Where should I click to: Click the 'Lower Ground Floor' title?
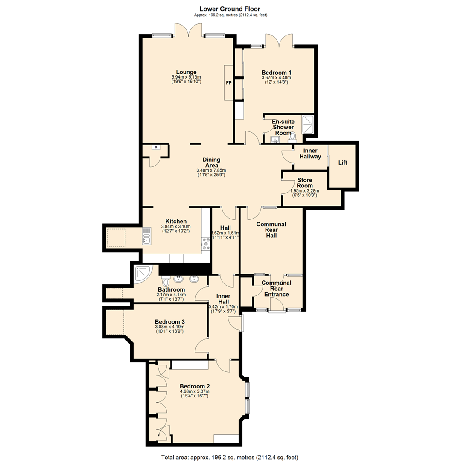[230, 9]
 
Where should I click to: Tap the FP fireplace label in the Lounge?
[229, 83]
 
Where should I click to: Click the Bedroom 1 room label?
[276, 73]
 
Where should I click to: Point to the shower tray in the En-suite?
[308, 124]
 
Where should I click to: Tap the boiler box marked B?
[156, 147]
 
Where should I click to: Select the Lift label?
[343, 163]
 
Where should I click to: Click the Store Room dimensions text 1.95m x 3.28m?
[305, 191]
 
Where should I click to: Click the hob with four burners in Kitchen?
[206, 242]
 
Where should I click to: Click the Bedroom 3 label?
[169, 321]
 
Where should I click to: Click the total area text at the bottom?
[230, 457]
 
